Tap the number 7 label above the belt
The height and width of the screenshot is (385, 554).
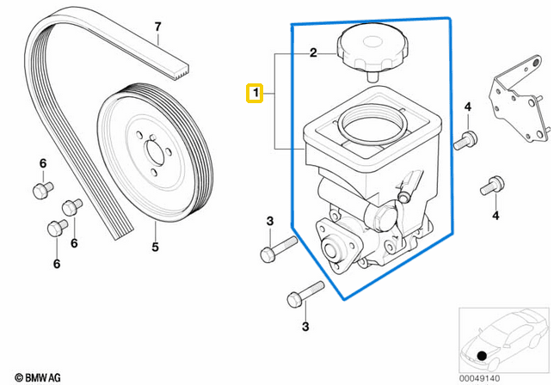157,27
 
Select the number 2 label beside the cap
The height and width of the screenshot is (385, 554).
314,53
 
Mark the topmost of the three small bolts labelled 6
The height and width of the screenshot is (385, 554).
40,188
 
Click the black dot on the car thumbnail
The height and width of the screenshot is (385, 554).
483,355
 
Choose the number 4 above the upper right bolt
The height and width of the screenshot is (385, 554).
468,107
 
